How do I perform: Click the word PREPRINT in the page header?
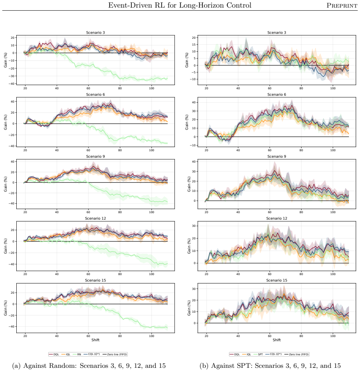342,5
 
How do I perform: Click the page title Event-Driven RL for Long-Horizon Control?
180,5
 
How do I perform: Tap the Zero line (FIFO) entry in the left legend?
115,354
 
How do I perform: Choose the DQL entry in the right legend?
235,354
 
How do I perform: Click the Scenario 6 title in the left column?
95,94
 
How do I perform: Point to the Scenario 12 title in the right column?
276,218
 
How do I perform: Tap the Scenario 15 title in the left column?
95,280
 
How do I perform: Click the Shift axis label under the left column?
95,340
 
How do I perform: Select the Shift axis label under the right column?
276,340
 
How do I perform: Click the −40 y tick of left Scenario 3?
12,84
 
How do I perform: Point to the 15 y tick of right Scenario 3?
194,44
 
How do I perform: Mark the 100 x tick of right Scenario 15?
333,336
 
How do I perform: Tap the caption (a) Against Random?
89,366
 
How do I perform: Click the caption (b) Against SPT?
270,366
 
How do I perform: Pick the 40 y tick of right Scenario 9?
194,162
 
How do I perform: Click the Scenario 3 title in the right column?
276,33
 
